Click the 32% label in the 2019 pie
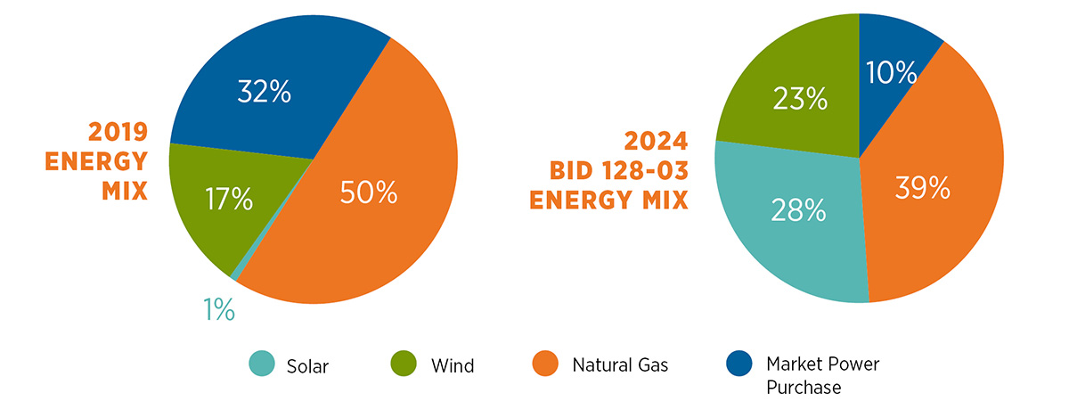[264, 92]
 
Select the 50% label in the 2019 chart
[369, 192]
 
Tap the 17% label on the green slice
[229, 199]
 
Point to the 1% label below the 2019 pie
[219, 309]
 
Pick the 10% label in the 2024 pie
[891, 72]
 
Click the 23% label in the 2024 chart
[800, 99]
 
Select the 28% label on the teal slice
[798, 210]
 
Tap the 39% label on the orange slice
[923, 188]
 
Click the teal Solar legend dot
[262, 364]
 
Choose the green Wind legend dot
[404, 364]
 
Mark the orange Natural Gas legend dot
[545, 364]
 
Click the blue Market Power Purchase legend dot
[739, 364]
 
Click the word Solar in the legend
[307, 366]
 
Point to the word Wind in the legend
[453, 366]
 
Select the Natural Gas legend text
[620, 365]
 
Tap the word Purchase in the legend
[804, 387]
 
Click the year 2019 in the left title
[118, 132]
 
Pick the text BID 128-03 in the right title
[619, 170]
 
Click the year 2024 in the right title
[657, 141]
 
